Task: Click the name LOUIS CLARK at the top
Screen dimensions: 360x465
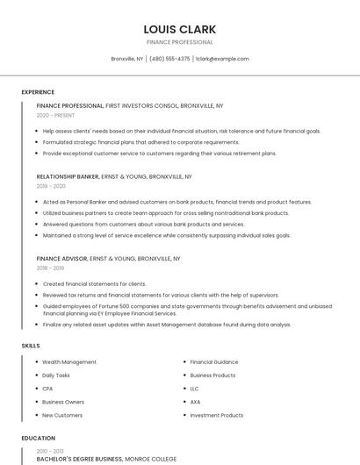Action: click(180, 29)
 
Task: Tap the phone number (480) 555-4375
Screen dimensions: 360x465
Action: click(169, 59)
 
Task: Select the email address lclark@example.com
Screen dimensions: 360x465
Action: click(222, 59)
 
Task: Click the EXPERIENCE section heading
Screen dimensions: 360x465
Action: click(38, 92)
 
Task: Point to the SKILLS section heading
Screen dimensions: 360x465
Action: click(31, 346)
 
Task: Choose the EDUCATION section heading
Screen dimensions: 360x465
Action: click(38, 438)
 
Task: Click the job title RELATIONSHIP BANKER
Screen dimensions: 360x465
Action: click(68, 176)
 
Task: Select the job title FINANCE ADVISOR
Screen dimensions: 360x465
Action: click(61, 259)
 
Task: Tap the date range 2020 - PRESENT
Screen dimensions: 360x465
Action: click(55, 115)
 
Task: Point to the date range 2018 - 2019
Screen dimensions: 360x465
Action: click(51, 268)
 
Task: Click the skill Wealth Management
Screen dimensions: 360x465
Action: click(69, 362)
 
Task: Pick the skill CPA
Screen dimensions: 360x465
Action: click(47, 389)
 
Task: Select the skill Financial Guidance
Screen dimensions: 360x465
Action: click(214, 362)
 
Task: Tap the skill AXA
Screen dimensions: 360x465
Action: click(195, 402)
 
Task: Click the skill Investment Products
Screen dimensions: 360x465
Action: click(217, 415)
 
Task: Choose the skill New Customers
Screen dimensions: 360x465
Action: click(62, 415)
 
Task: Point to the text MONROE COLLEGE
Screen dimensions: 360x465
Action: click(151, 458)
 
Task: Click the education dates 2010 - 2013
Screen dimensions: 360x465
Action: click(51, 449)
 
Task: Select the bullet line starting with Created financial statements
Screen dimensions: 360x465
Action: click(94, 284)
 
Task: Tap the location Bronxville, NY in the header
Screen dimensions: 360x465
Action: click(127, 59)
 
